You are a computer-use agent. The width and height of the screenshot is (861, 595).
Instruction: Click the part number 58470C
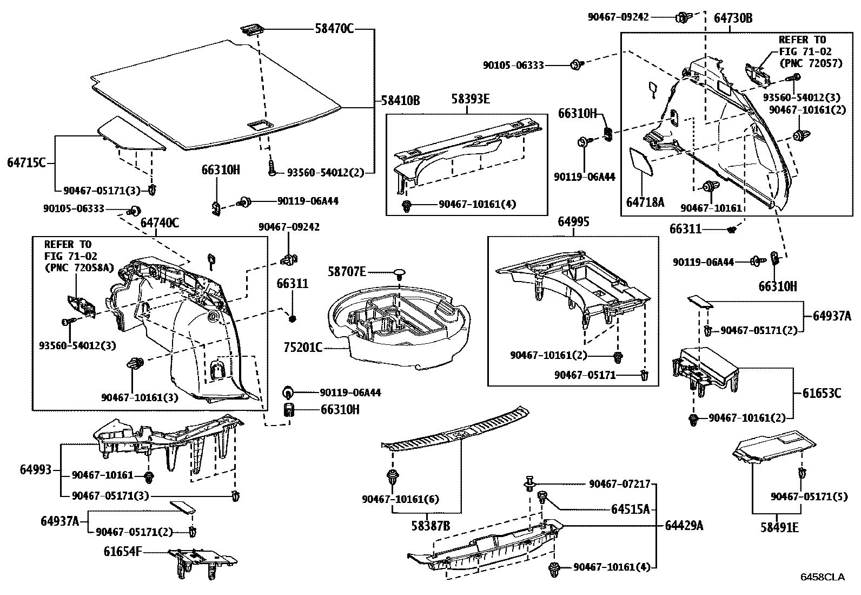click(334, 28)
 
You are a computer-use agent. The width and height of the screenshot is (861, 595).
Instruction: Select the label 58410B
click(401, 101)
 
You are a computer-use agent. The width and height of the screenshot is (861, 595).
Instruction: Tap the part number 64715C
click(26, 162)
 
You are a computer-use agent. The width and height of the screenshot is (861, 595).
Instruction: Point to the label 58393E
click(471, 99)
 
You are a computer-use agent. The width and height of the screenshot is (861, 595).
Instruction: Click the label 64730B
click(733, 18)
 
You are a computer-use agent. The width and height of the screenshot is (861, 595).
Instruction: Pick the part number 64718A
click(645, 202)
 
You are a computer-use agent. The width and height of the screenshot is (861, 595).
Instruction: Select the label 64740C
click(160, 223)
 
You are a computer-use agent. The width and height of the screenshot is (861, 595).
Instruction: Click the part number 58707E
click(347, 272)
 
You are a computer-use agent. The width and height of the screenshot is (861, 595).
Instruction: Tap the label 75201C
click(303, 348)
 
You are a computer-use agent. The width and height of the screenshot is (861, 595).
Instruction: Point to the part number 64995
click(573, 221)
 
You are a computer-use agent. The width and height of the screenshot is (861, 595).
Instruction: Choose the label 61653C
click(822, 393)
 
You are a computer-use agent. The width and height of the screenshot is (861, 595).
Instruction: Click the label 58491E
click(779, 527)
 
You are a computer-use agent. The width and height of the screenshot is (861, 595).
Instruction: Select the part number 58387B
click(431, 526)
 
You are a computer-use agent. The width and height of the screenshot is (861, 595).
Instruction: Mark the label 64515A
click(631, 509)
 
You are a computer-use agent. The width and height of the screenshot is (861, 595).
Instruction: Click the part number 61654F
click(123, 552)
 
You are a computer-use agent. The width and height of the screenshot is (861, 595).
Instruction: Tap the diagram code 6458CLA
click(823, 577)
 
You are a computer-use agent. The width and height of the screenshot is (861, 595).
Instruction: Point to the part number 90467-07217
click(620, 484)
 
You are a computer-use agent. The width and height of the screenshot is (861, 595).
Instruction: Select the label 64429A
click(684, 526)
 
